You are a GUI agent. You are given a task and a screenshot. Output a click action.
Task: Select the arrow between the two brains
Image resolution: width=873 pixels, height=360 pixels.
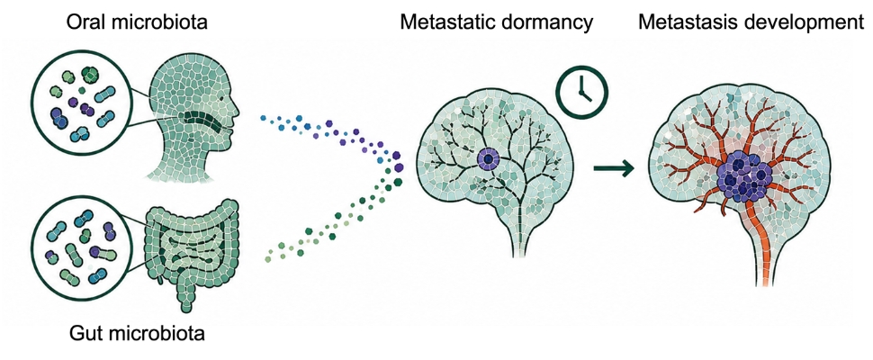click(x=614, y=166)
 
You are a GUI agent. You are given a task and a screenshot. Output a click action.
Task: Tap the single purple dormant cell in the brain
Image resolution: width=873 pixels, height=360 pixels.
click(x=489, y=160)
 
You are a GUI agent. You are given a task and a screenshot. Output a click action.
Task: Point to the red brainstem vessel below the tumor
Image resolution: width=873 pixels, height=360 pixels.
click(x=764, y=245)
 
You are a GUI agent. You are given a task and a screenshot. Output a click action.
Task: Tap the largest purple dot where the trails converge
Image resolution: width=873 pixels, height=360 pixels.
click(x=400, y=166)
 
